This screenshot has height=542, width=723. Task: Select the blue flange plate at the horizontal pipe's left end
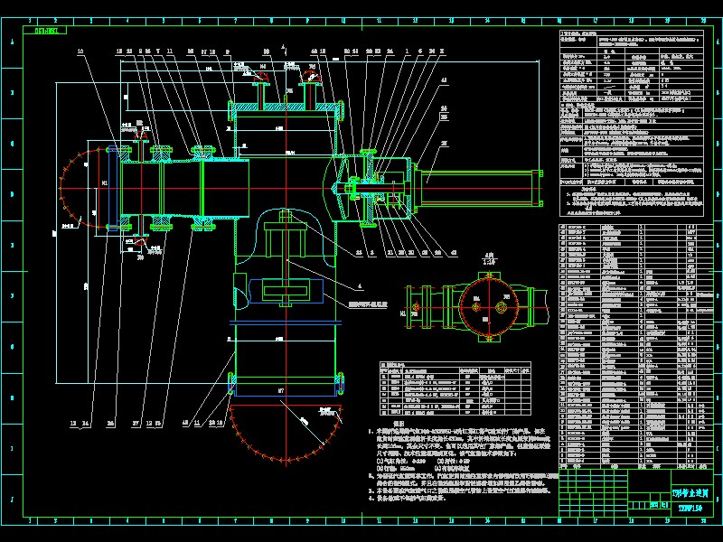111,188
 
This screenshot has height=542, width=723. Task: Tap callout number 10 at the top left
80,52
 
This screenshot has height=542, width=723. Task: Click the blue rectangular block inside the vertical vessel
286,291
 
